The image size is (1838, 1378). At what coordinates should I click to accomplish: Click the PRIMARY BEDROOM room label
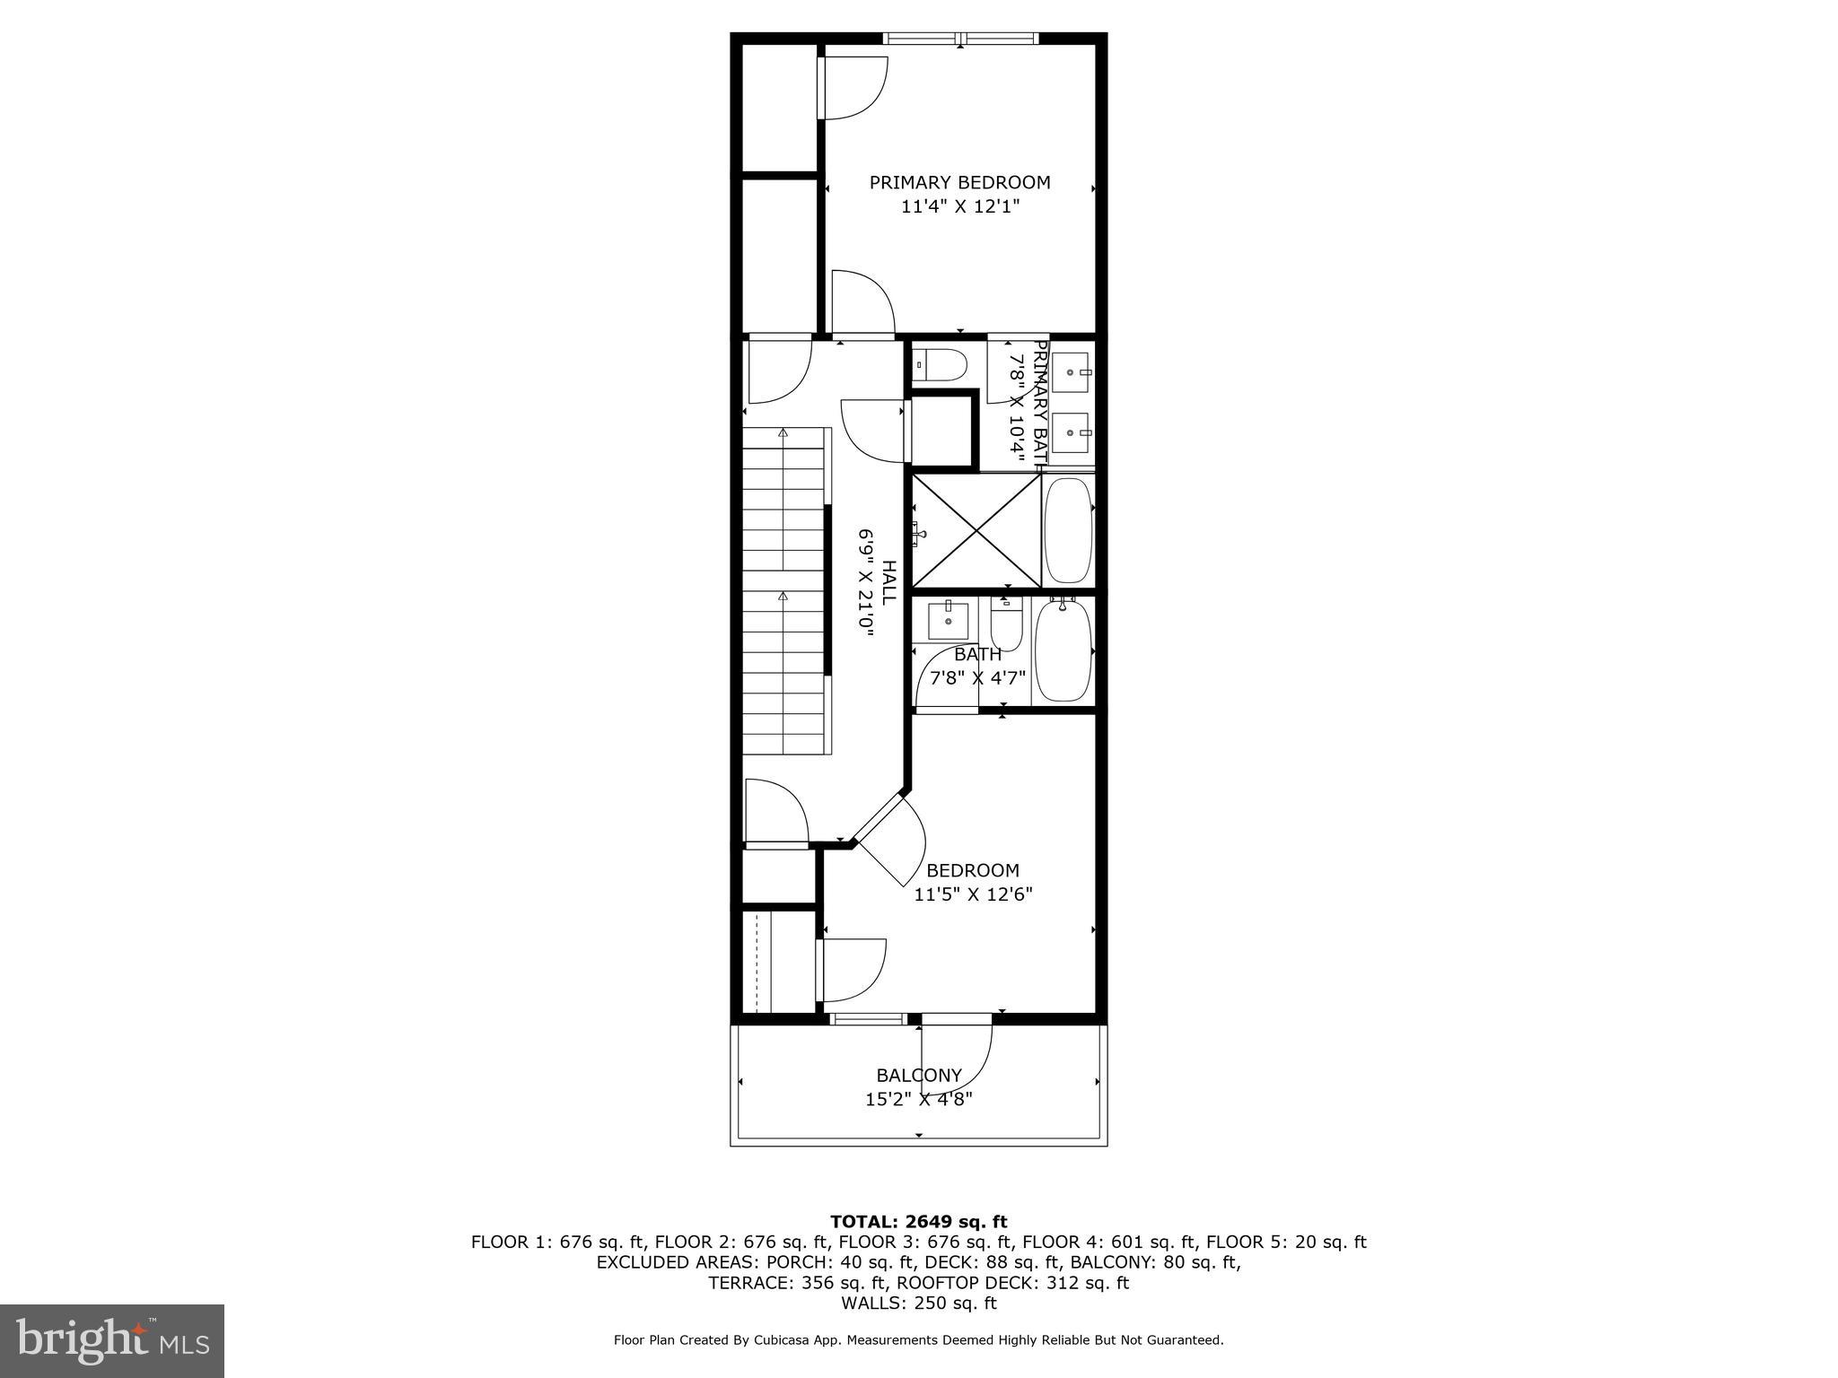[x=959, y=182]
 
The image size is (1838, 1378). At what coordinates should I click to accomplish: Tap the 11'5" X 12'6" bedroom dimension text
[x=973, y=894]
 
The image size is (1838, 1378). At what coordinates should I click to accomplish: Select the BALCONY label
[x=919, y=1075]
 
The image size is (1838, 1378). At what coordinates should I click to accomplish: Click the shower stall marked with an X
[x=976, y=532]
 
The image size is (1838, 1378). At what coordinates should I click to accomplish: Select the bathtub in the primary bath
[x=1069, y=531]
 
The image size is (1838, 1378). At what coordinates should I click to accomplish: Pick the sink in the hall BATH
[x=948, y=619]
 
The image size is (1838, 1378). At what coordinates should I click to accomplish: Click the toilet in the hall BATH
[x=1006, y=623]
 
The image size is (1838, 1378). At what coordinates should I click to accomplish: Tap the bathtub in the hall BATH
[x=1063, y=652]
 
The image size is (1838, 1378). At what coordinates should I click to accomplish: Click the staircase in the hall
[x=783, y=592]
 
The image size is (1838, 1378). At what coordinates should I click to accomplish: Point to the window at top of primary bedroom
[x=959, y=38]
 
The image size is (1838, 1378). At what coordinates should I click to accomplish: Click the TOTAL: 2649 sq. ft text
[x=918, y=1221]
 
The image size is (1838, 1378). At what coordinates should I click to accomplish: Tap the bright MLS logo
[x=112, y=1340]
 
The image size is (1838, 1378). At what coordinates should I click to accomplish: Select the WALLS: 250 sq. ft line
[x=918, y=1303]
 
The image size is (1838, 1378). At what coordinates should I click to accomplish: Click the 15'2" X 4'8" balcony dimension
[x=919, y=1099]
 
